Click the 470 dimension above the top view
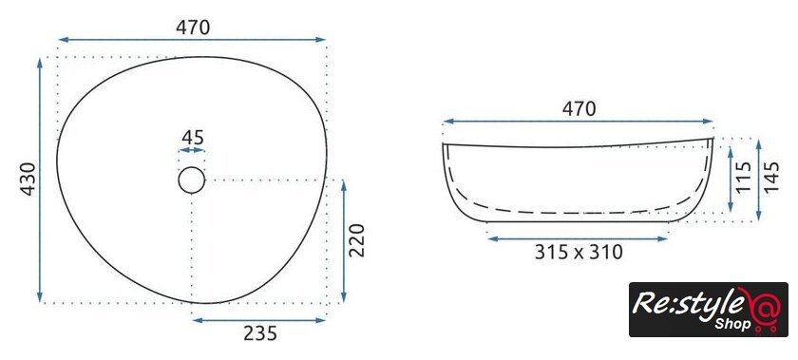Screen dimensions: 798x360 click(x=193, y=28)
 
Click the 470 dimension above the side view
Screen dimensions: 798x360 click(x=579, y=109)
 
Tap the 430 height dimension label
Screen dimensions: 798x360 click(x=28, y=179)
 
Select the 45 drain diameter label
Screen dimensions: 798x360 click(x=193, y=138)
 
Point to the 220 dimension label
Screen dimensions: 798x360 click(x=357, y=240)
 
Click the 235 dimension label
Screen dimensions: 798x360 click(x=260, y=333)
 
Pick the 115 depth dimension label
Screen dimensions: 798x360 click(x=744, y=177)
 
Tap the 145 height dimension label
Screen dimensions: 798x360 click(x=771, y=177)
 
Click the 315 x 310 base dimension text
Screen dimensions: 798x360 click(x=579, y=252)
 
